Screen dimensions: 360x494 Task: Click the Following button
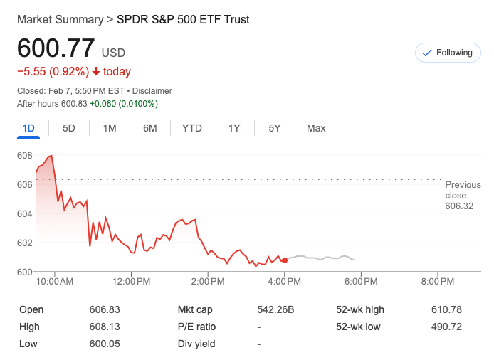[447, 53]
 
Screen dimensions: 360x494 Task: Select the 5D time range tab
[69, 128]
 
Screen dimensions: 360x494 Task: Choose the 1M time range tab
[110, 128]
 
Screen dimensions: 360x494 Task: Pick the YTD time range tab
[191, 128]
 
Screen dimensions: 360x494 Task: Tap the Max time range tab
[316, 128]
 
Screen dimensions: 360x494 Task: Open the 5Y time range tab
[275, 128]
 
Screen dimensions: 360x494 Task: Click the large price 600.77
[56, 48]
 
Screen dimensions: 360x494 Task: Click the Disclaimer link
[152, 91]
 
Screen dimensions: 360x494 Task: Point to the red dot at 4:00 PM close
[285, 260]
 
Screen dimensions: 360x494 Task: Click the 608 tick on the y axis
[25, 155]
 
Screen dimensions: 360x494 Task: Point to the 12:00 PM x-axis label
[131, 282]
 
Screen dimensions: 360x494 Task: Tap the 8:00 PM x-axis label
[437, 282]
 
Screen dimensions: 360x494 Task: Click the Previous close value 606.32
[459, 206]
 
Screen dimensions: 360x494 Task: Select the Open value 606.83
[105, 309]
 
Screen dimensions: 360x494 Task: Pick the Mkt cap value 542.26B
[275, 309]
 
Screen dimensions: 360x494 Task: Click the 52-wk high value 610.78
[446, 309]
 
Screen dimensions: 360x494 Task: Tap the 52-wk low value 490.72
[446, 327]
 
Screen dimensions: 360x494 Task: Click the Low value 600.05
[105, 344]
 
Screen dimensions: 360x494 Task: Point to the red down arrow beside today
[96, 71]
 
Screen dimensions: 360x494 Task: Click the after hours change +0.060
[103, 103]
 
